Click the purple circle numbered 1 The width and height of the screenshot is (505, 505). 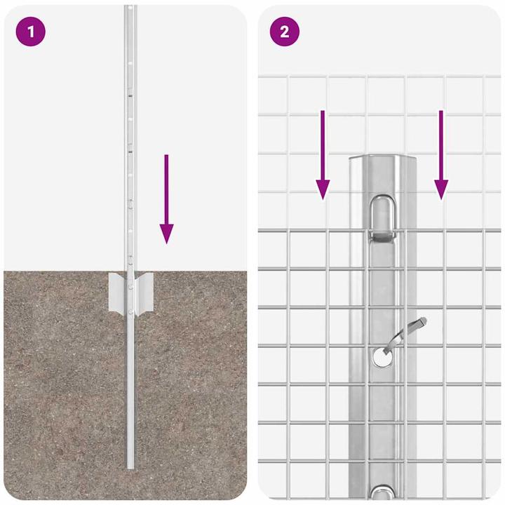coord(30,32)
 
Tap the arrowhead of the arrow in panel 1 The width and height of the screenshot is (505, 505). coord(166,234)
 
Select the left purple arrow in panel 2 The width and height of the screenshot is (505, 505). coord(323,154)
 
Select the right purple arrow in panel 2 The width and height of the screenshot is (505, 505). coord(441,154)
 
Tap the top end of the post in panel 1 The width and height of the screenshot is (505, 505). coord(130,8)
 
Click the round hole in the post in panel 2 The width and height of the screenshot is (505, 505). coord(382,356)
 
